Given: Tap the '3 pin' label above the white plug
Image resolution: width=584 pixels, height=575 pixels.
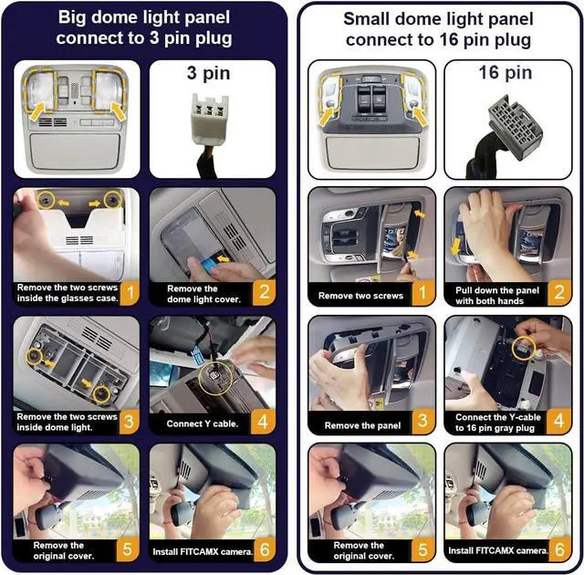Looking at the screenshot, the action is coord(208,73).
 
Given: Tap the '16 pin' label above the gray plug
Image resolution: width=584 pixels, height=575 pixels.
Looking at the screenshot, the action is coord(505,72).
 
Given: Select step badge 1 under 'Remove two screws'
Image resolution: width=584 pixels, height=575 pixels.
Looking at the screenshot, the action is coord(422,293).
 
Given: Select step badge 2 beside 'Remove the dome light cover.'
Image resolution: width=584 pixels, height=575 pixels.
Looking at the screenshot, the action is coord(265,292).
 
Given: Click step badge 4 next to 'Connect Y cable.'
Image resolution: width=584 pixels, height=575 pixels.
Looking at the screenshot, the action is coord(263,422).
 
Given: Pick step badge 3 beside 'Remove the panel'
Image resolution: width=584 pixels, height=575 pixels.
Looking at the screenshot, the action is coord(422,421).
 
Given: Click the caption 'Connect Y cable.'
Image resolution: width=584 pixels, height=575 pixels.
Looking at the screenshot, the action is coord(203,423).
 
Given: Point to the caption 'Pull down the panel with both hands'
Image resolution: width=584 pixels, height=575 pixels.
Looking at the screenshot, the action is coord(496,296).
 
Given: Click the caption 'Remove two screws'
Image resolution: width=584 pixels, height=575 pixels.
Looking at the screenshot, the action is coord(360,296).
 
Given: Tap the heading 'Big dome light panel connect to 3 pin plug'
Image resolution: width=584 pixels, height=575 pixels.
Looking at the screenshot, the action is coord(144,28).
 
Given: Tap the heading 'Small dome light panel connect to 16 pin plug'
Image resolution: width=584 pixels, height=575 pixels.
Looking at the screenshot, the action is coord(438,29).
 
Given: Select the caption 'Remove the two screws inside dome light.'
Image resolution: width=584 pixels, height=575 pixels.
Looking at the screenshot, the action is coord(67,422).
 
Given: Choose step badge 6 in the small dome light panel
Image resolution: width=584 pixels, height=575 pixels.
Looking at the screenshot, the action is coord(559,549).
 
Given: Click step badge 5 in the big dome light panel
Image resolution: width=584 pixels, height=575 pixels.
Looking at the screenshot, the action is coord(128,549).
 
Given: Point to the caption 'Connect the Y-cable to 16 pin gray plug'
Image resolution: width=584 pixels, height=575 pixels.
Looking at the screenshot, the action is coord(497,423).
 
